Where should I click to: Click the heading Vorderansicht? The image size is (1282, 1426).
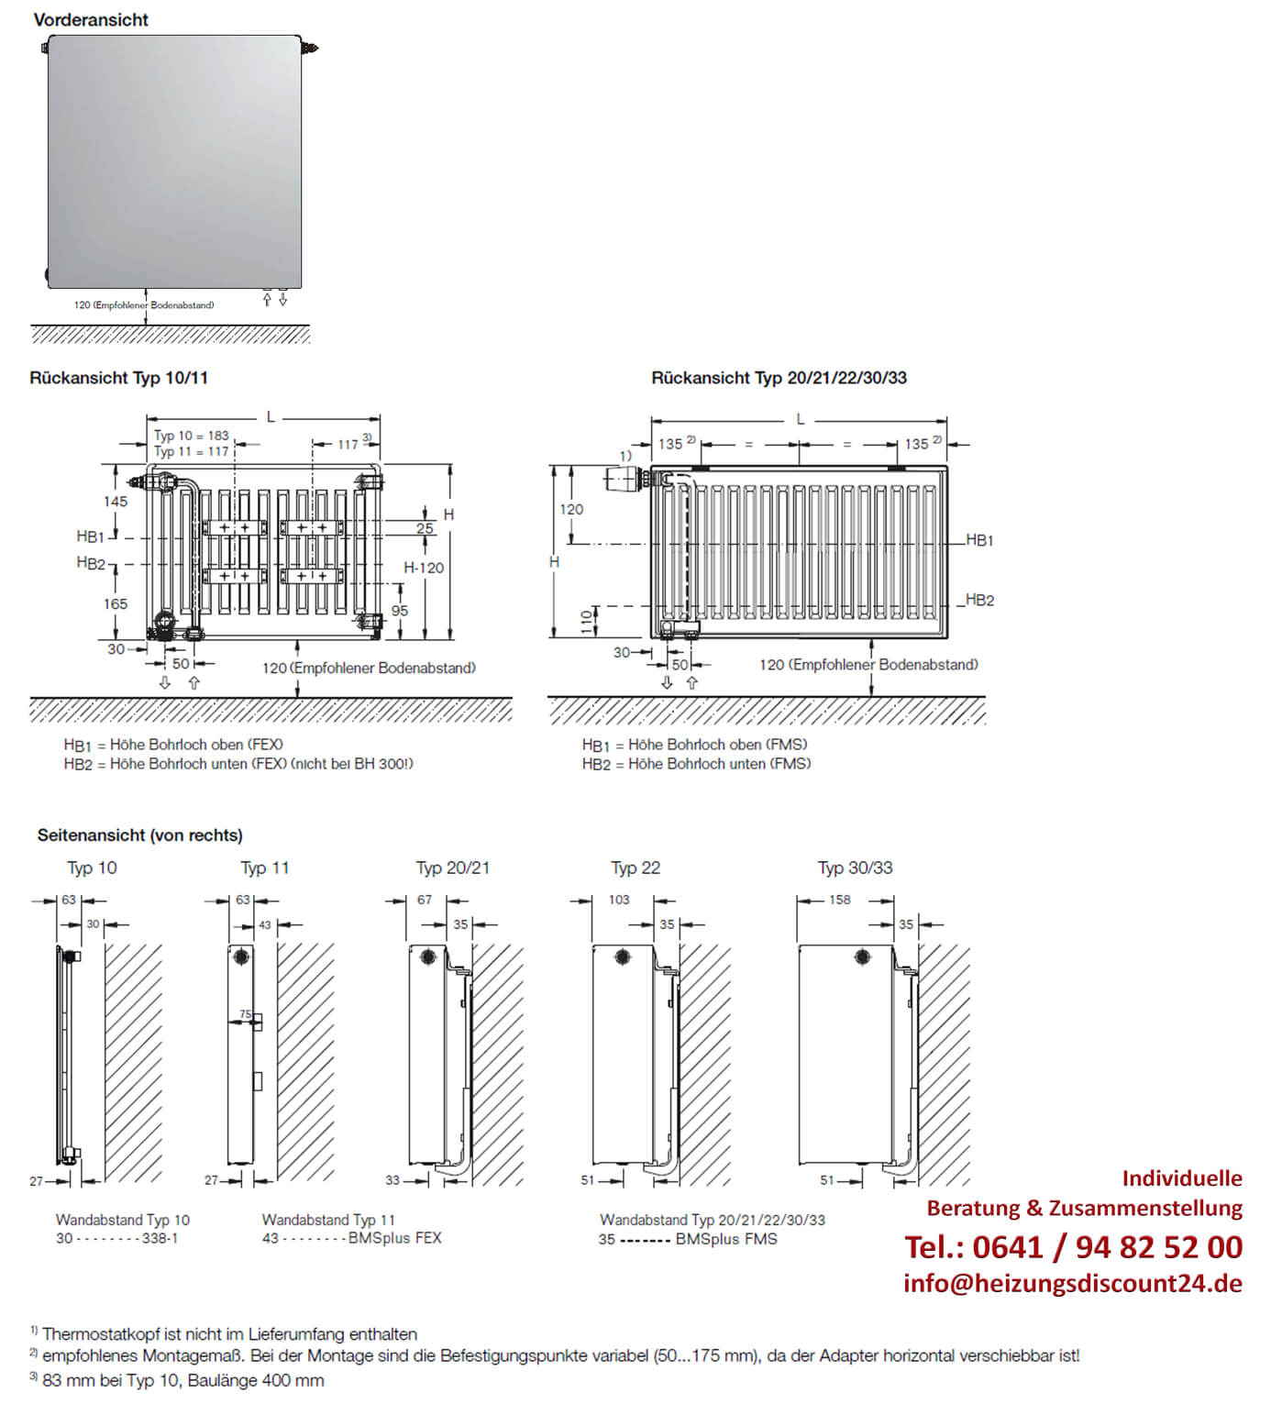(91, 19)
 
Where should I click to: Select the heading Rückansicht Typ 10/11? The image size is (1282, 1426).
(118, 378)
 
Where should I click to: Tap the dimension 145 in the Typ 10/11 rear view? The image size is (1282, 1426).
(116, 502)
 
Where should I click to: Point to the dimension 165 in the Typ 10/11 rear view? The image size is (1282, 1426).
(116, 603)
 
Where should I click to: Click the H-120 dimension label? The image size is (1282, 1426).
(424, 568)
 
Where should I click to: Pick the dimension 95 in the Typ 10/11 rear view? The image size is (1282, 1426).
(400, 611)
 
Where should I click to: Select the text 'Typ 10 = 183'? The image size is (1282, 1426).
(192, 436)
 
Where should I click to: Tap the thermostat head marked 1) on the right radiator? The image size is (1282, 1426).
(623, 478)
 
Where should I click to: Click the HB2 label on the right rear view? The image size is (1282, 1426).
(979, 600)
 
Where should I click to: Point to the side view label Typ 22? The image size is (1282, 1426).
(635, 868)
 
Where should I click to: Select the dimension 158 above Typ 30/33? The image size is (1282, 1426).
(840, 900)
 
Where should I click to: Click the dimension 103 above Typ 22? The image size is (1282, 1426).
(619, 900)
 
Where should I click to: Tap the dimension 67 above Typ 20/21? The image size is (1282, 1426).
(425, 900)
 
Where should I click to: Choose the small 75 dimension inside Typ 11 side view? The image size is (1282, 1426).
(245, 1014)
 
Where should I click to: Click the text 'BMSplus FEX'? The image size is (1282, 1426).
(395, 1238)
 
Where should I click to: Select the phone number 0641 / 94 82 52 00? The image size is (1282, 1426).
(1073, 1247)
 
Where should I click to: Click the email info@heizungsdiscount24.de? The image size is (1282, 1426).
(1072, 1283)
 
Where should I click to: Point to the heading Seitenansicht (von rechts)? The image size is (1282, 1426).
(140, 835)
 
